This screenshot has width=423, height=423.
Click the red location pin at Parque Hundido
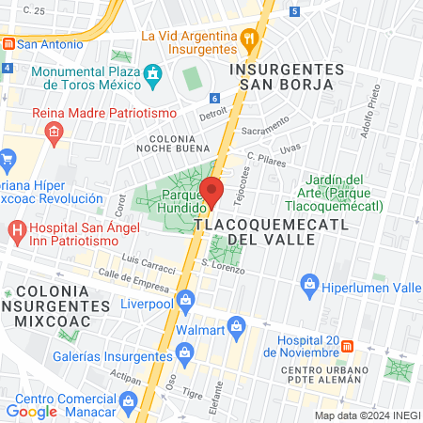pos(212,192)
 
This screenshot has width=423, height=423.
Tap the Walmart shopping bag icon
pos(237,329)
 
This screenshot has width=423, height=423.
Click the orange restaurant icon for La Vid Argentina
pos(249,39)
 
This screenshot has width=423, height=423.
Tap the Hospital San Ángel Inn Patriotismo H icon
pos(17,229)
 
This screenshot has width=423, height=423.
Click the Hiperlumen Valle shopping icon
pos(308,283)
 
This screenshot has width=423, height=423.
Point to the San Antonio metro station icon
pos(8,43)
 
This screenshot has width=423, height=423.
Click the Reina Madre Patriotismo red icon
pos(55,132)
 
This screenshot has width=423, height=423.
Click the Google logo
pos(32,411)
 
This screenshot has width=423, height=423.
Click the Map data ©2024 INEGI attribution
pos(367,415)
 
